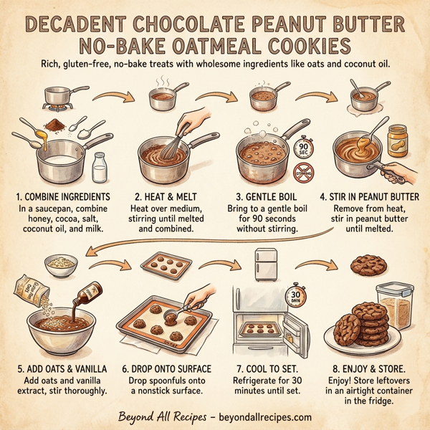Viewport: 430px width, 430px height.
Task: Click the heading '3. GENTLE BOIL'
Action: pyautogui.click(x=272, y=195)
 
